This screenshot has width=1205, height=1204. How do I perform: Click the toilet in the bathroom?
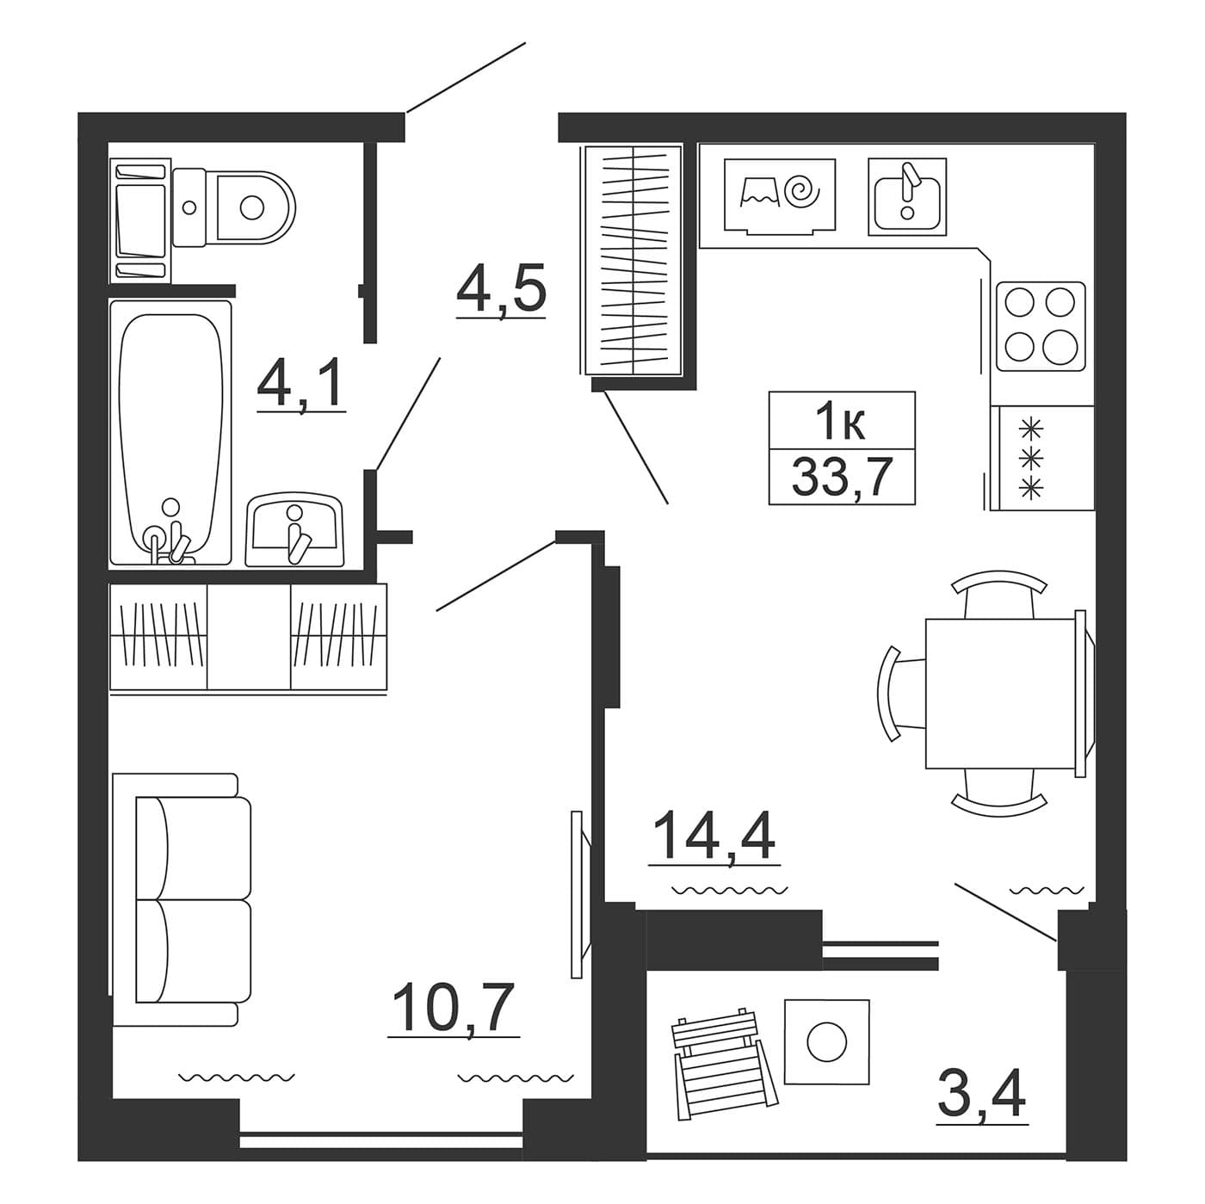[232, 207]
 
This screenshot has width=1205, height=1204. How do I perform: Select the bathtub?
[170, 432]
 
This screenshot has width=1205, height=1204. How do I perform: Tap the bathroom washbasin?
[294, 529]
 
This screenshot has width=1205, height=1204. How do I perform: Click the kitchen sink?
[906, 196]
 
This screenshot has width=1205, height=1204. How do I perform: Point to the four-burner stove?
[1041, 326]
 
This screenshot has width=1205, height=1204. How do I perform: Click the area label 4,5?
[501, 289]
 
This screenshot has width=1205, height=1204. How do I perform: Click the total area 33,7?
[841, 477]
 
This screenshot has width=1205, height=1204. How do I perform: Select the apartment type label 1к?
[842, 420]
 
